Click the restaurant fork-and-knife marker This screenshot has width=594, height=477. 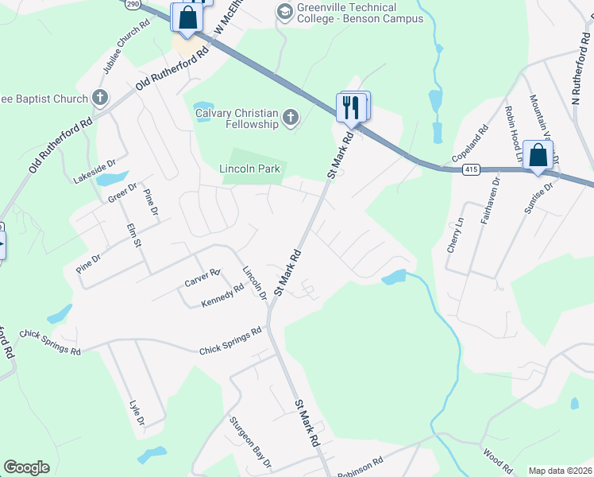coord(352,107)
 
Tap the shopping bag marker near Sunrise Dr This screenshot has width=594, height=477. coord(538,154)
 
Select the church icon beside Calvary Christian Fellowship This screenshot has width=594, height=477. coord(291,118)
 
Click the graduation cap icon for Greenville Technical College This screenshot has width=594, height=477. coord(283,11)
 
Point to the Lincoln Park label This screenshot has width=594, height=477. coord(250,169)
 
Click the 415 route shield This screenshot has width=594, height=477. coord(471,169)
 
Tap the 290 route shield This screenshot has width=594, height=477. coord(133,4)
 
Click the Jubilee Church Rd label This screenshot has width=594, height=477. coord(125,46)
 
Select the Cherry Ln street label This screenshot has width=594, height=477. coord(455,237)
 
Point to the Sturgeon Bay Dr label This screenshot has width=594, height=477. coord(250,442)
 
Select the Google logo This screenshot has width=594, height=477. coord(26,467)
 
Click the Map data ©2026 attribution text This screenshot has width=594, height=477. coord(561,471)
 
